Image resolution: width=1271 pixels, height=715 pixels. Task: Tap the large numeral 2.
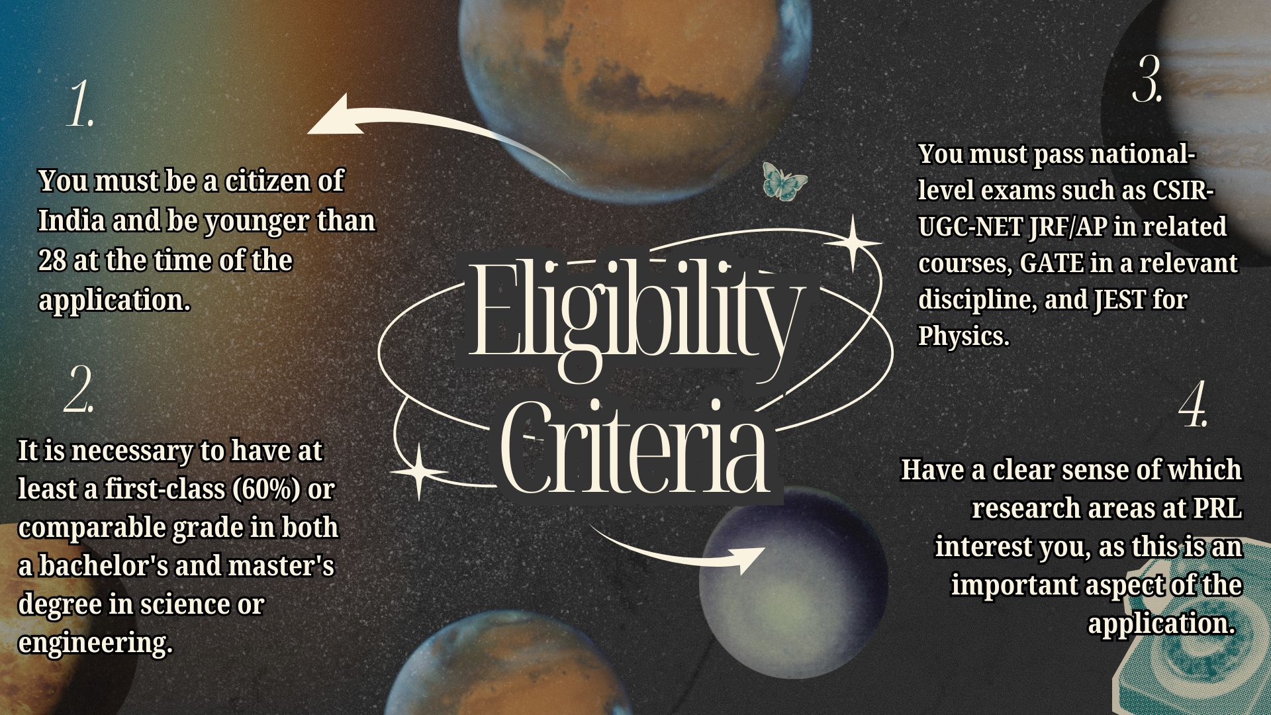79,391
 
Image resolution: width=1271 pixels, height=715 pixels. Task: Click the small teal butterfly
784,180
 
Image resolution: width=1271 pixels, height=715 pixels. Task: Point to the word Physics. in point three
963,336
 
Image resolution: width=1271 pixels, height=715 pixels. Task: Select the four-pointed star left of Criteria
418,471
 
